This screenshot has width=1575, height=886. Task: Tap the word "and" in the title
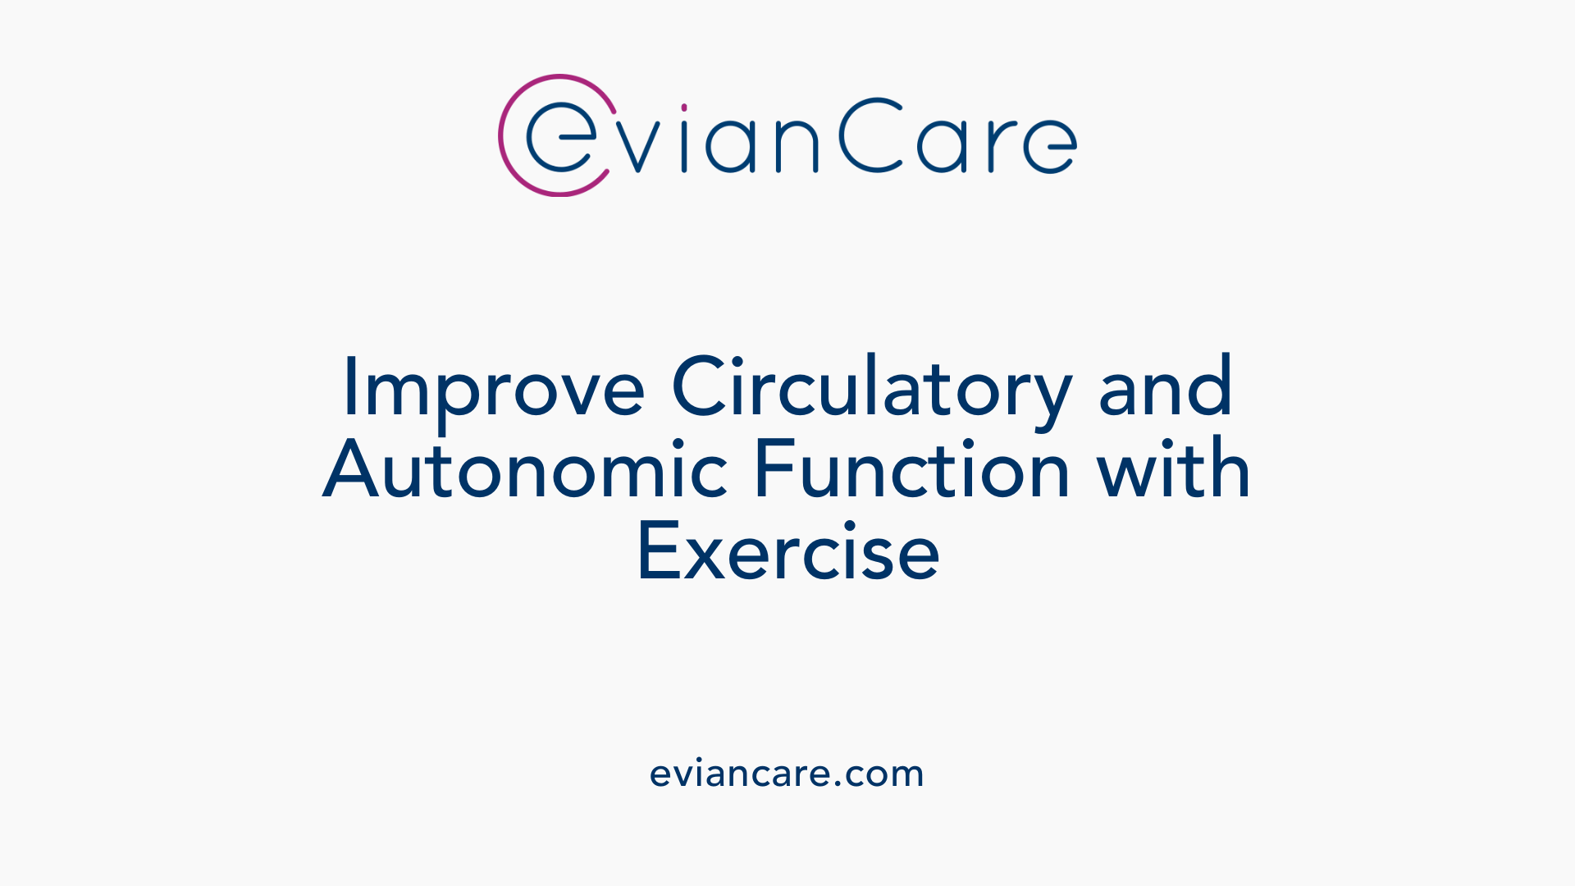(1165, 387)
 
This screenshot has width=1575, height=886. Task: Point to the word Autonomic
(526, 470)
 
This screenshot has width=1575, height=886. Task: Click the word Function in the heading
(911, 470)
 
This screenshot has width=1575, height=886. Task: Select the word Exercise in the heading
(787, 553)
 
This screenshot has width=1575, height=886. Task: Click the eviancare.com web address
(787, 774)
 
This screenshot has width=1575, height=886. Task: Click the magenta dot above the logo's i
(684, 107)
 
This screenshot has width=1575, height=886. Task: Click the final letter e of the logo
(1050, 145)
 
